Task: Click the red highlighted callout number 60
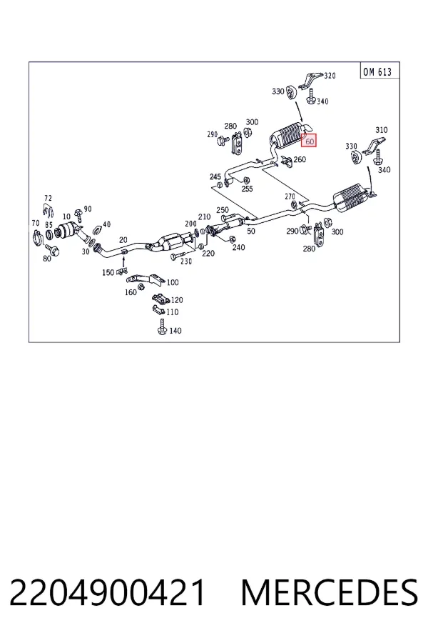[309, 141]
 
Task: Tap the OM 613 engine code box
[377, 71]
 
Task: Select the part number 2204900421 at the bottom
[107, 592]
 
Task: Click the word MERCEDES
[330, 592]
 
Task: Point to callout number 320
[330, 76]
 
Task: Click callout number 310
[382, 130]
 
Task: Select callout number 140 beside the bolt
[175, 331]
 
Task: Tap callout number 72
[49, 199]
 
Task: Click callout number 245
[215, 176]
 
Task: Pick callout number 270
[290, 197]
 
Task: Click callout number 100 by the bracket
[173, 282]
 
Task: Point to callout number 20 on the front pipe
[123, 240]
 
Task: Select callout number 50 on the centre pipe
[251, 231]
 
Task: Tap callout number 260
[300, 159]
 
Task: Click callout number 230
[186, 261]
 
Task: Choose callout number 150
[108, 272]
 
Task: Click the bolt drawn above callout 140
[162, 327]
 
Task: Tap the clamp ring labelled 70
[36, 237]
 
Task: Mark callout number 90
[88, 209]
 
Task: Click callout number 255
[247, 189]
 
